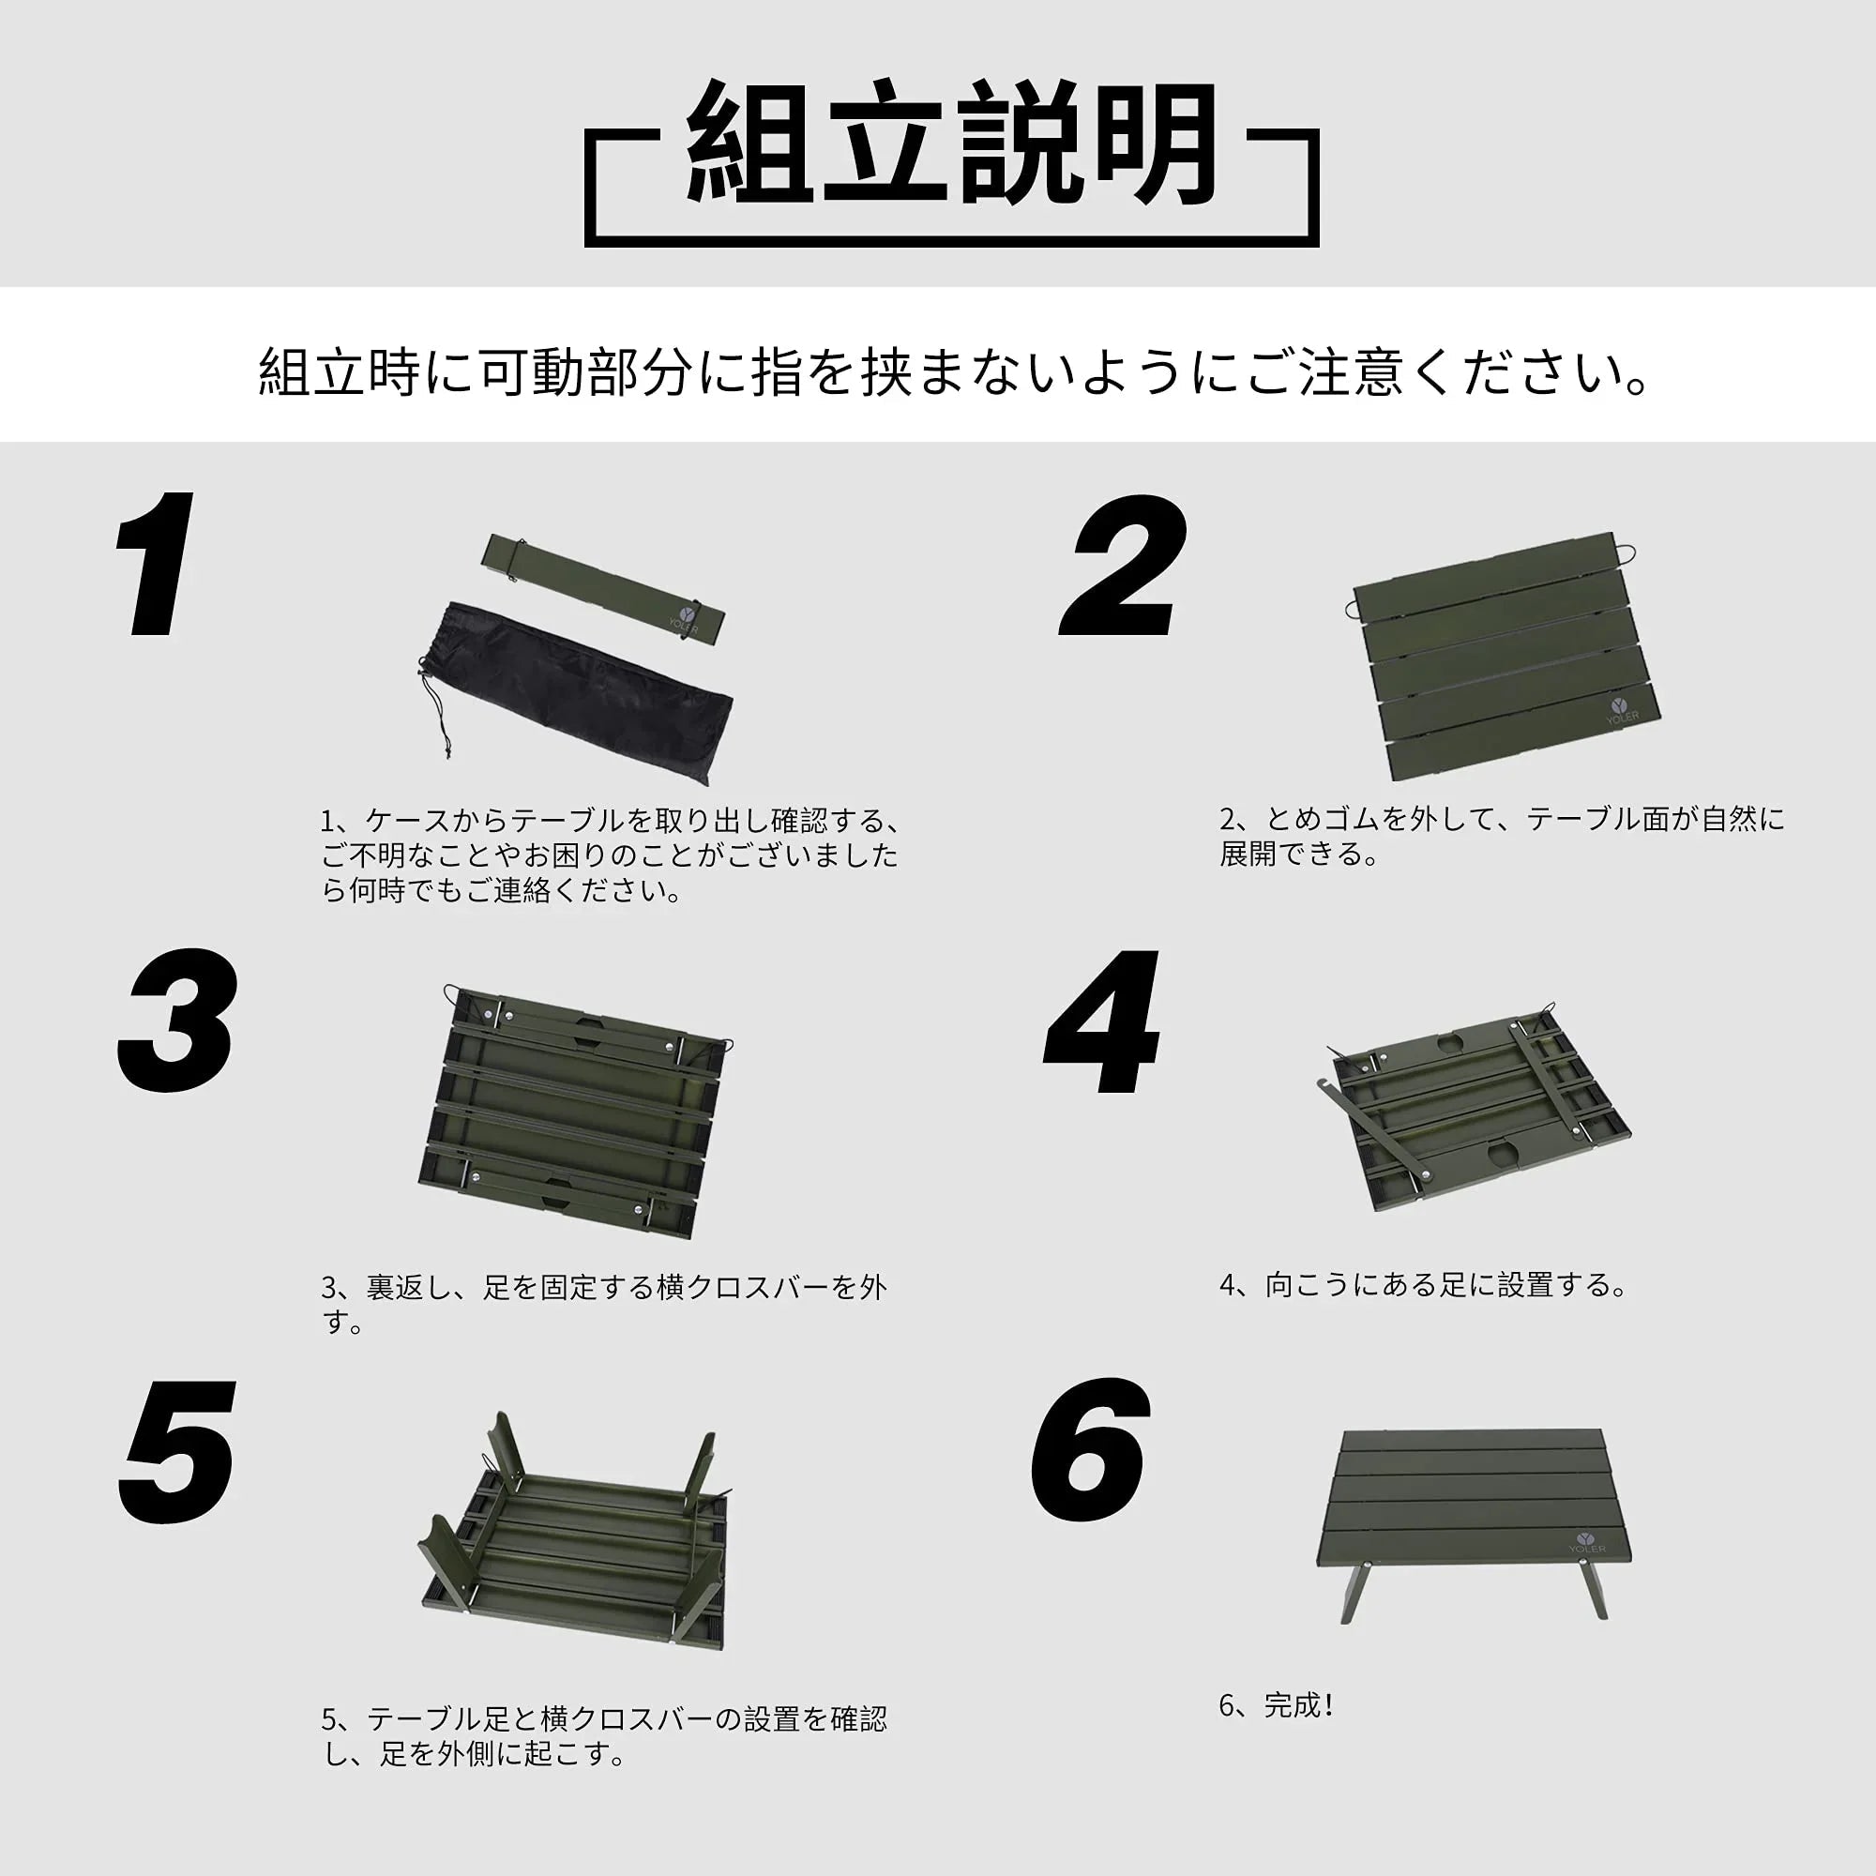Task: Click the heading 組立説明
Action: click(x=951, y=144)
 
